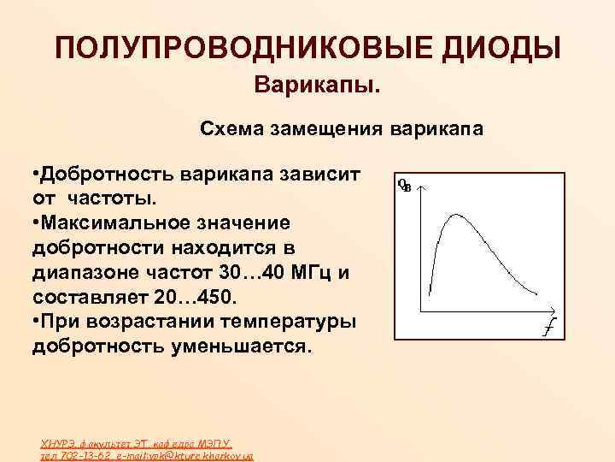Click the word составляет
[x=88, y=298]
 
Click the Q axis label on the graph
[x=404, y=185]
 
